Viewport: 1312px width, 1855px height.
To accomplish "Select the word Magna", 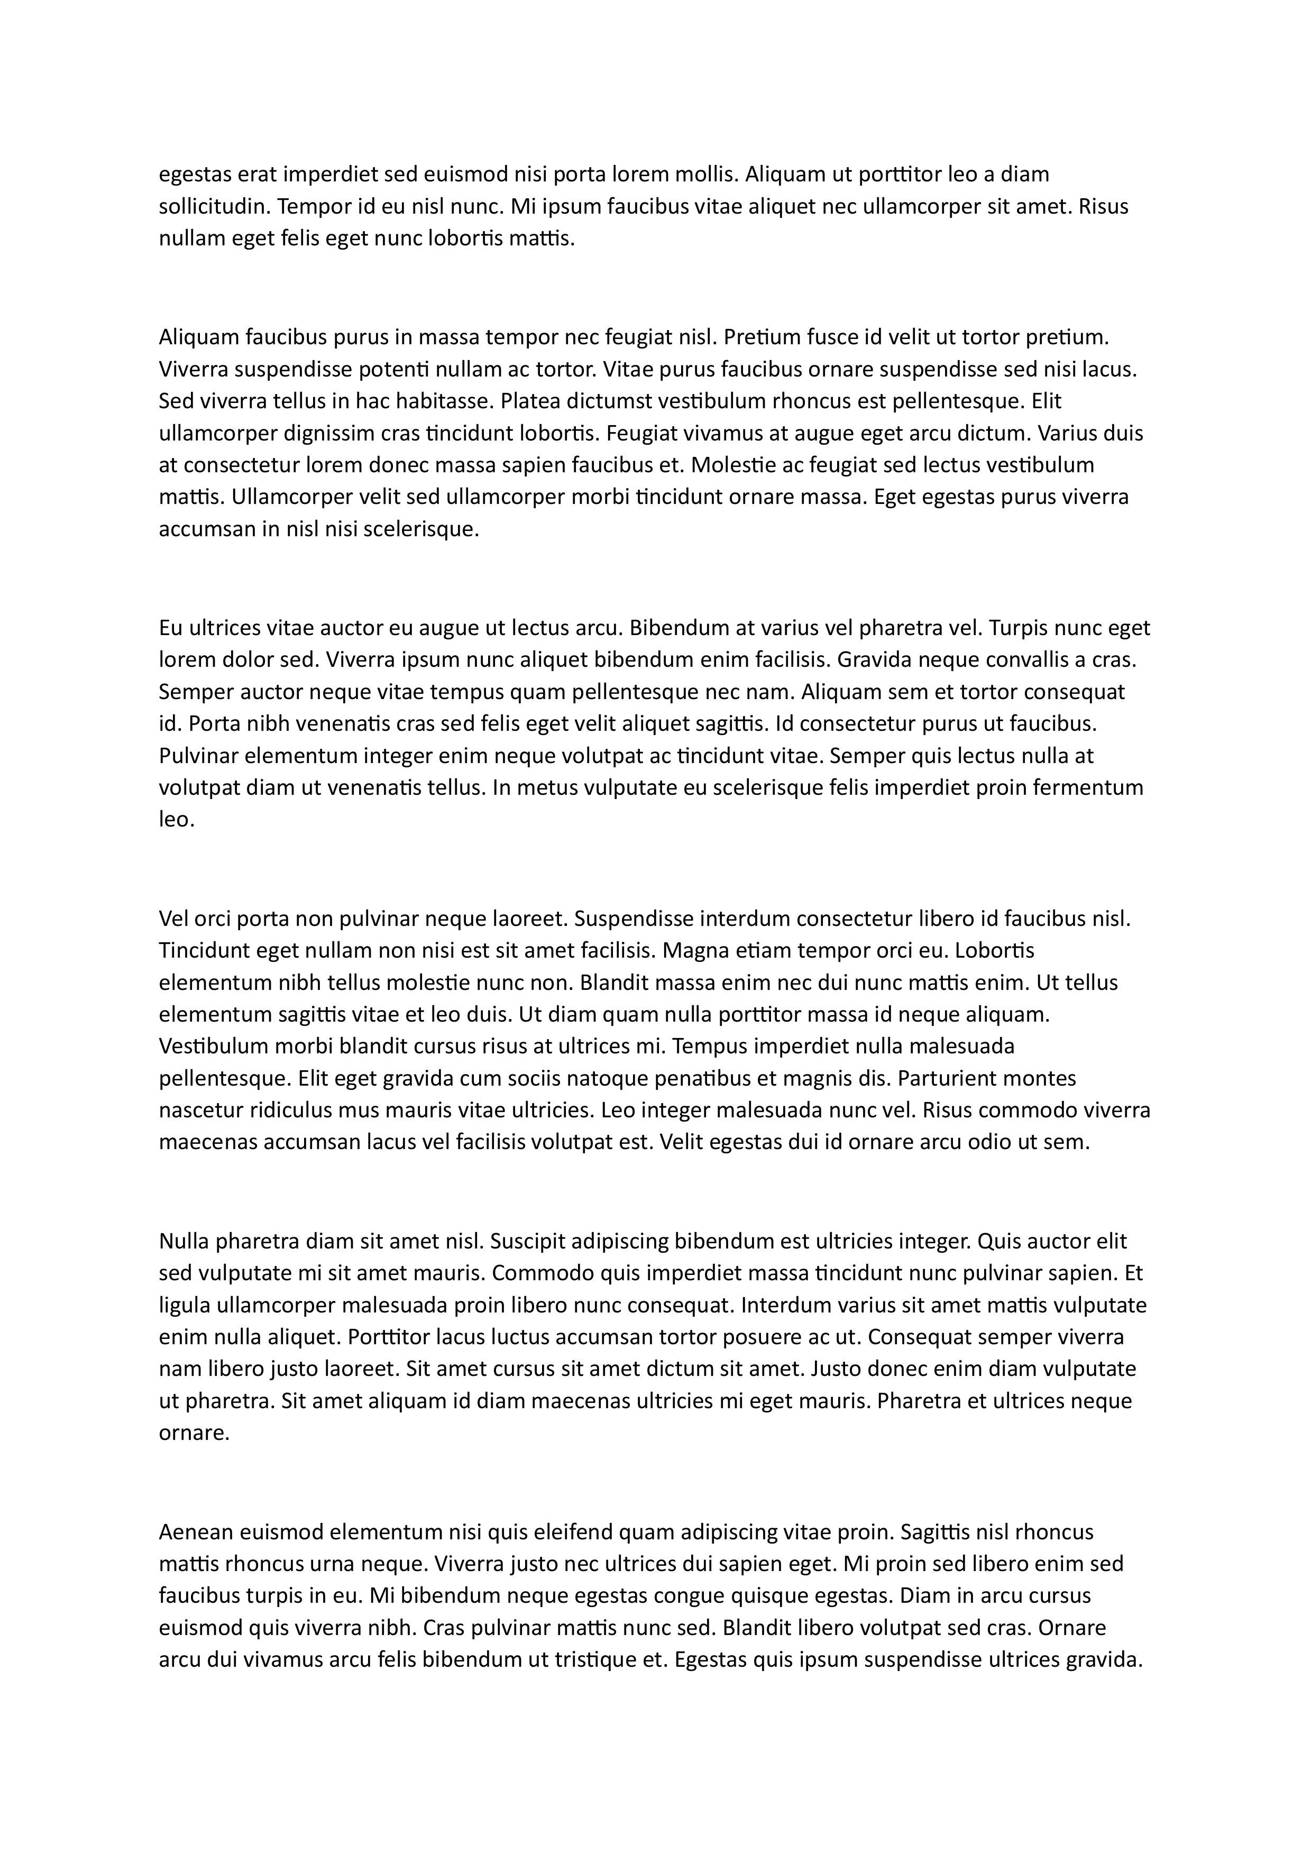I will [x=690, y=950].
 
